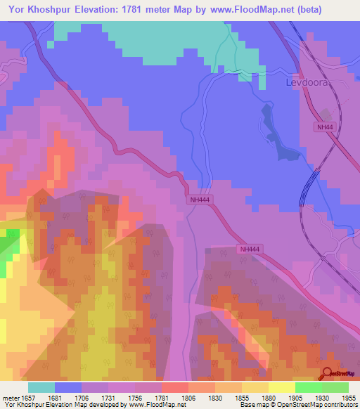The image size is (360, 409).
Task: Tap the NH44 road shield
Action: (x=323, y=126)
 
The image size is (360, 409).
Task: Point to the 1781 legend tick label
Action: (x=162, y=398)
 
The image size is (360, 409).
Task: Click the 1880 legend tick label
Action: (x=268, y=398)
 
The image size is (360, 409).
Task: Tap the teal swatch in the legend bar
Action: (x=41, y=387)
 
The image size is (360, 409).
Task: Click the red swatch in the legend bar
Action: (x=175, y=387)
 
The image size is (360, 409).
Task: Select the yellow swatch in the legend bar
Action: (x=281, y=387)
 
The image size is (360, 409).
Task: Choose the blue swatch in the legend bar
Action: (x=68, y=387)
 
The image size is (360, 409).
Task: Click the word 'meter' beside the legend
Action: (x=10, y=398)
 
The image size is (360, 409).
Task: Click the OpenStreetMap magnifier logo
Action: (x=327, y=373)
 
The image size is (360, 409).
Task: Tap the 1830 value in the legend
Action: (x=214, y=398)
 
